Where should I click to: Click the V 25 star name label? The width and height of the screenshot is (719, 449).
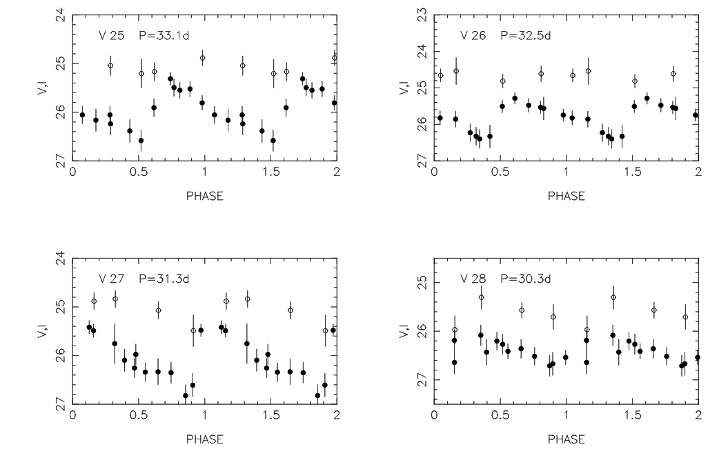click(x=110, y=36)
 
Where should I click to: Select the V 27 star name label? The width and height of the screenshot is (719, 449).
click(x=110, y=279)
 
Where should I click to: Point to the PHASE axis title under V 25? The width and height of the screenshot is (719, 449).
click(x=205, y=196)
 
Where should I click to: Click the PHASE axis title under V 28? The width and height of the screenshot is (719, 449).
click(x=566, y=439)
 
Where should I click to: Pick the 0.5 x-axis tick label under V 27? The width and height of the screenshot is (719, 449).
click(x=138, y=416)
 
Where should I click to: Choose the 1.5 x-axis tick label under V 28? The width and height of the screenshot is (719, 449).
click(x=631, y=416)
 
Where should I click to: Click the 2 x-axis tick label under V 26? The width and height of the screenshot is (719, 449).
click(x=698, y=173)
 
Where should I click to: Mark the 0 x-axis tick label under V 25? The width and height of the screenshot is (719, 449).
click(x=73, y=173)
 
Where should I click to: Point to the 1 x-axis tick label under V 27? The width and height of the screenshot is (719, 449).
click(x=205, y=416)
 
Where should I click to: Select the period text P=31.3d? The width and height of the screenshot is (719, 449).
click(x=163, y=279)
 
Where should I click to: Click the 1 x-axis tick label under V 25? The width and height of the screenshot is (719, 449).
click(x=205, y=173)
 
